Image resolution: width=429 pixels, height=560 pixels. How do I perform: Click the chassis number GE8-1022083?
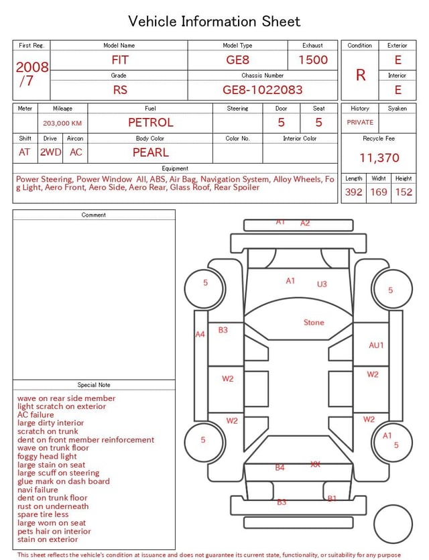(262, 90)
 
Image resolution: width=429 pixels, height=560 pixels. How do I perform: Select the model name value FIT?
(119, 60)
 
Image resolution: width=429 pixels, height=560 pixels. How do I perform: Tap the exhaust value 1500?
(313, 60)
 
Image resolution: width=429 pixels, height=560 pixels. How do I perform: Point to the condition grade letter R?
(361, 75)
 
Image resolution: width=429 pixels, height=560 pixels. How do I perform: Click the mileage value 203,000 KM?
(62, 123)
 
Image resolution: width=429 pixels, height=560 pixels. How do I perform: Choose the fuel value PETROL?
(151, 123)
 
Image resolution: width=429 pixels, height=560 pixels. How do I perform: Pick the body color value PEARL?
(151, 152)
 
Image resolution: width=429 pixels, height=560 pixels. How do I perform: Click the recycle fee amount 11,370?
(379, 158)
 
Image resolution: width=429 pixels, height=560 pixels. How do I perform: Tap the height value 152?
(404, 192)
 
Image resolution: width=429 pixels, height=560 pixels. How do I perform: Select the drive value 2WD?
(50, 152)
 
